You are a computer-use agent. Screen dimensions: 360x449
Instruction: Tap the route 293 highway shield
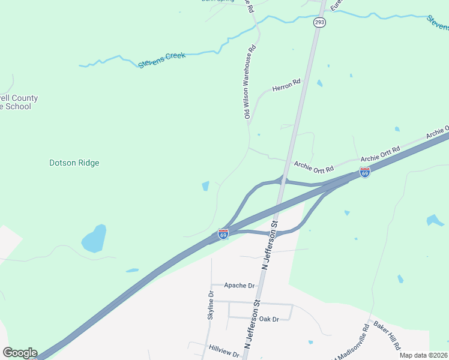[319, 23]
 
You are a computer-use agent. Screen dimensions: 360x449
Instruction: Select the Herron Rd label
[286, 86]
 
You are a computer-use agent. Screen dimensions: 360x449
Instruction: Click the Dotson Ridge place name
[74, 163]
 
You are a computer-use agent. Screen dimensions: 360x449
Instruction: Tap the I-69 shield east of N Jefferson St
[364, 172]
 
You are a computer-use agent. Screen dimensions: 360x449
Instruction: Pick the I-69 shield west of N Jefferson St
[223, 234]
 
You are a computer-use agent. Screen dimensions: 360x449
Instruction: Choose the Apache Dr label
[240, 286]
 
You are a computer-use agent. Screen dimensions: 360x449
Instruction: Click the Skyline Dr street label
[211, 305]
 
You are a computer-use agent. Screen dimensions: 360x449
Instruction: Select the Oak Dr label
[270, 319]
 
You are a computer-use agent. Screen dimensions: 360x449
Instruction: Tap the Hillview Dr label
[224, 348]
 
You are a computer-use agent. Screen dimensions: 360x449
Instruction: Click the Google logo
[20, 353]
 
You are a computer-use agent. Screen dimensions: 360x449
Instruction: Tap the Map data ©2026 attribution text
[423, 355]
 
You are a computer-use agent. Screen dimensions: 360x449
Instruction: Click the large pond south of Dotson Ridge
[94, 239]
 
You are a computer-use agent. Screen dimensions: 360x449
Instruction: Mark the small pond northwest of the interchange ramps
[206, 186]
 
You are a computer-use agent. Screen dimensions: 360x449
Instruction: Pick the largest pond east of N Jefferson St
[435, 221]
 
